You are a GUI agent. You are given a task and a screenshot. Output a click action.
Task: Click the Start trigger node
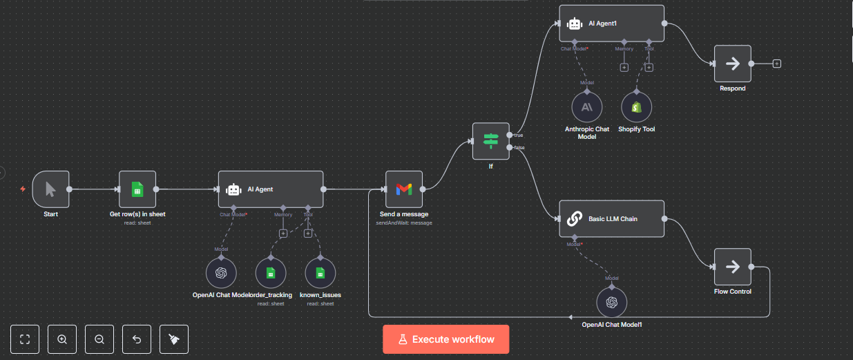coord(50,189)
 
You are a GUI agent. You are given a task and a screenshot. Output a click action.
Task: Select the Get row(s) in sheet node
coord(137,189)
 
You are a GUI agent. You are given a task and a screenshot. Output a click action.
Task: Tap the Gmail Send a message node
coord(403,189)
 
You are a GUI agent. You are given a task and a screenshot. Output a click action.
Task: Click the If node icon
coord(490,141)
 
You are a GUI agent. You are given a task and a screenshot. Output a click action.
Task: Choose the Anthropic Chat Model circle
coord(586,107)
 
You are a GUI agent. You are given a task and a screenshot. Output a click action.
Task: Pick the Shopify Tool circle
coord(636,107)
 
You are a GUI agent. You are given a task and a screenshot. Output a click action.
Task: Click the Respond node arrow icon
coord(732,64)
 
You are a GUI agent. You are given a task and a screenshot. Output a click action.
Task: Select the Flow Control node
coord(732,267)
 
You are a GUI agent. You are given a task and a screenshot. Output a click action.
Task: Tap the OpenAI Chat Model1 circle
coord(611,302)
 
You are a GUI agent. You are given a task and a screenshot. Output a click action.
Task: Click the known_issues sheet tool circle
coord(320,273)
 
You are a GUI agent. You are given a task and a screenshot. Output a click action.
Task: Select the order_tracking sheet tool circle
coord(271,273)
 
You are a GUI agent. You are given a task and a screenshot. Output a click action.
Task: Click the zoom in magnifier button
coord(62,339)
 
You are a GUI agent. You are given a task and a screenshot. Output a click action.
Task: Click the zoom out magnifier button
coord(99,339)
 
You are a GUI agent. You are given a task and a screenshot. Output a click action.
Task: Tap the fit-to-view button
coord(26,339)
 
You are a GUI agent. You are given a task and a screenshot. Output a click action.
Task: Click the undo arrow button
coord(137,339)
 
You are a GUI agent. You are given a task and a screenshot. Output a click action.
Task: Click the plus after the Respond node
coord(777,64)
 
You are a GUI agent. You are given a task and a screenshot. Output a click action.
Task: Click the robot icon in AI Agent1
coord(574,23)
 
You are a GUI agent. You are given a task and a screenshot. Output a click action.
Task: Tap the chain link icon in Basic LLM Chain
coord(574,219)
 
